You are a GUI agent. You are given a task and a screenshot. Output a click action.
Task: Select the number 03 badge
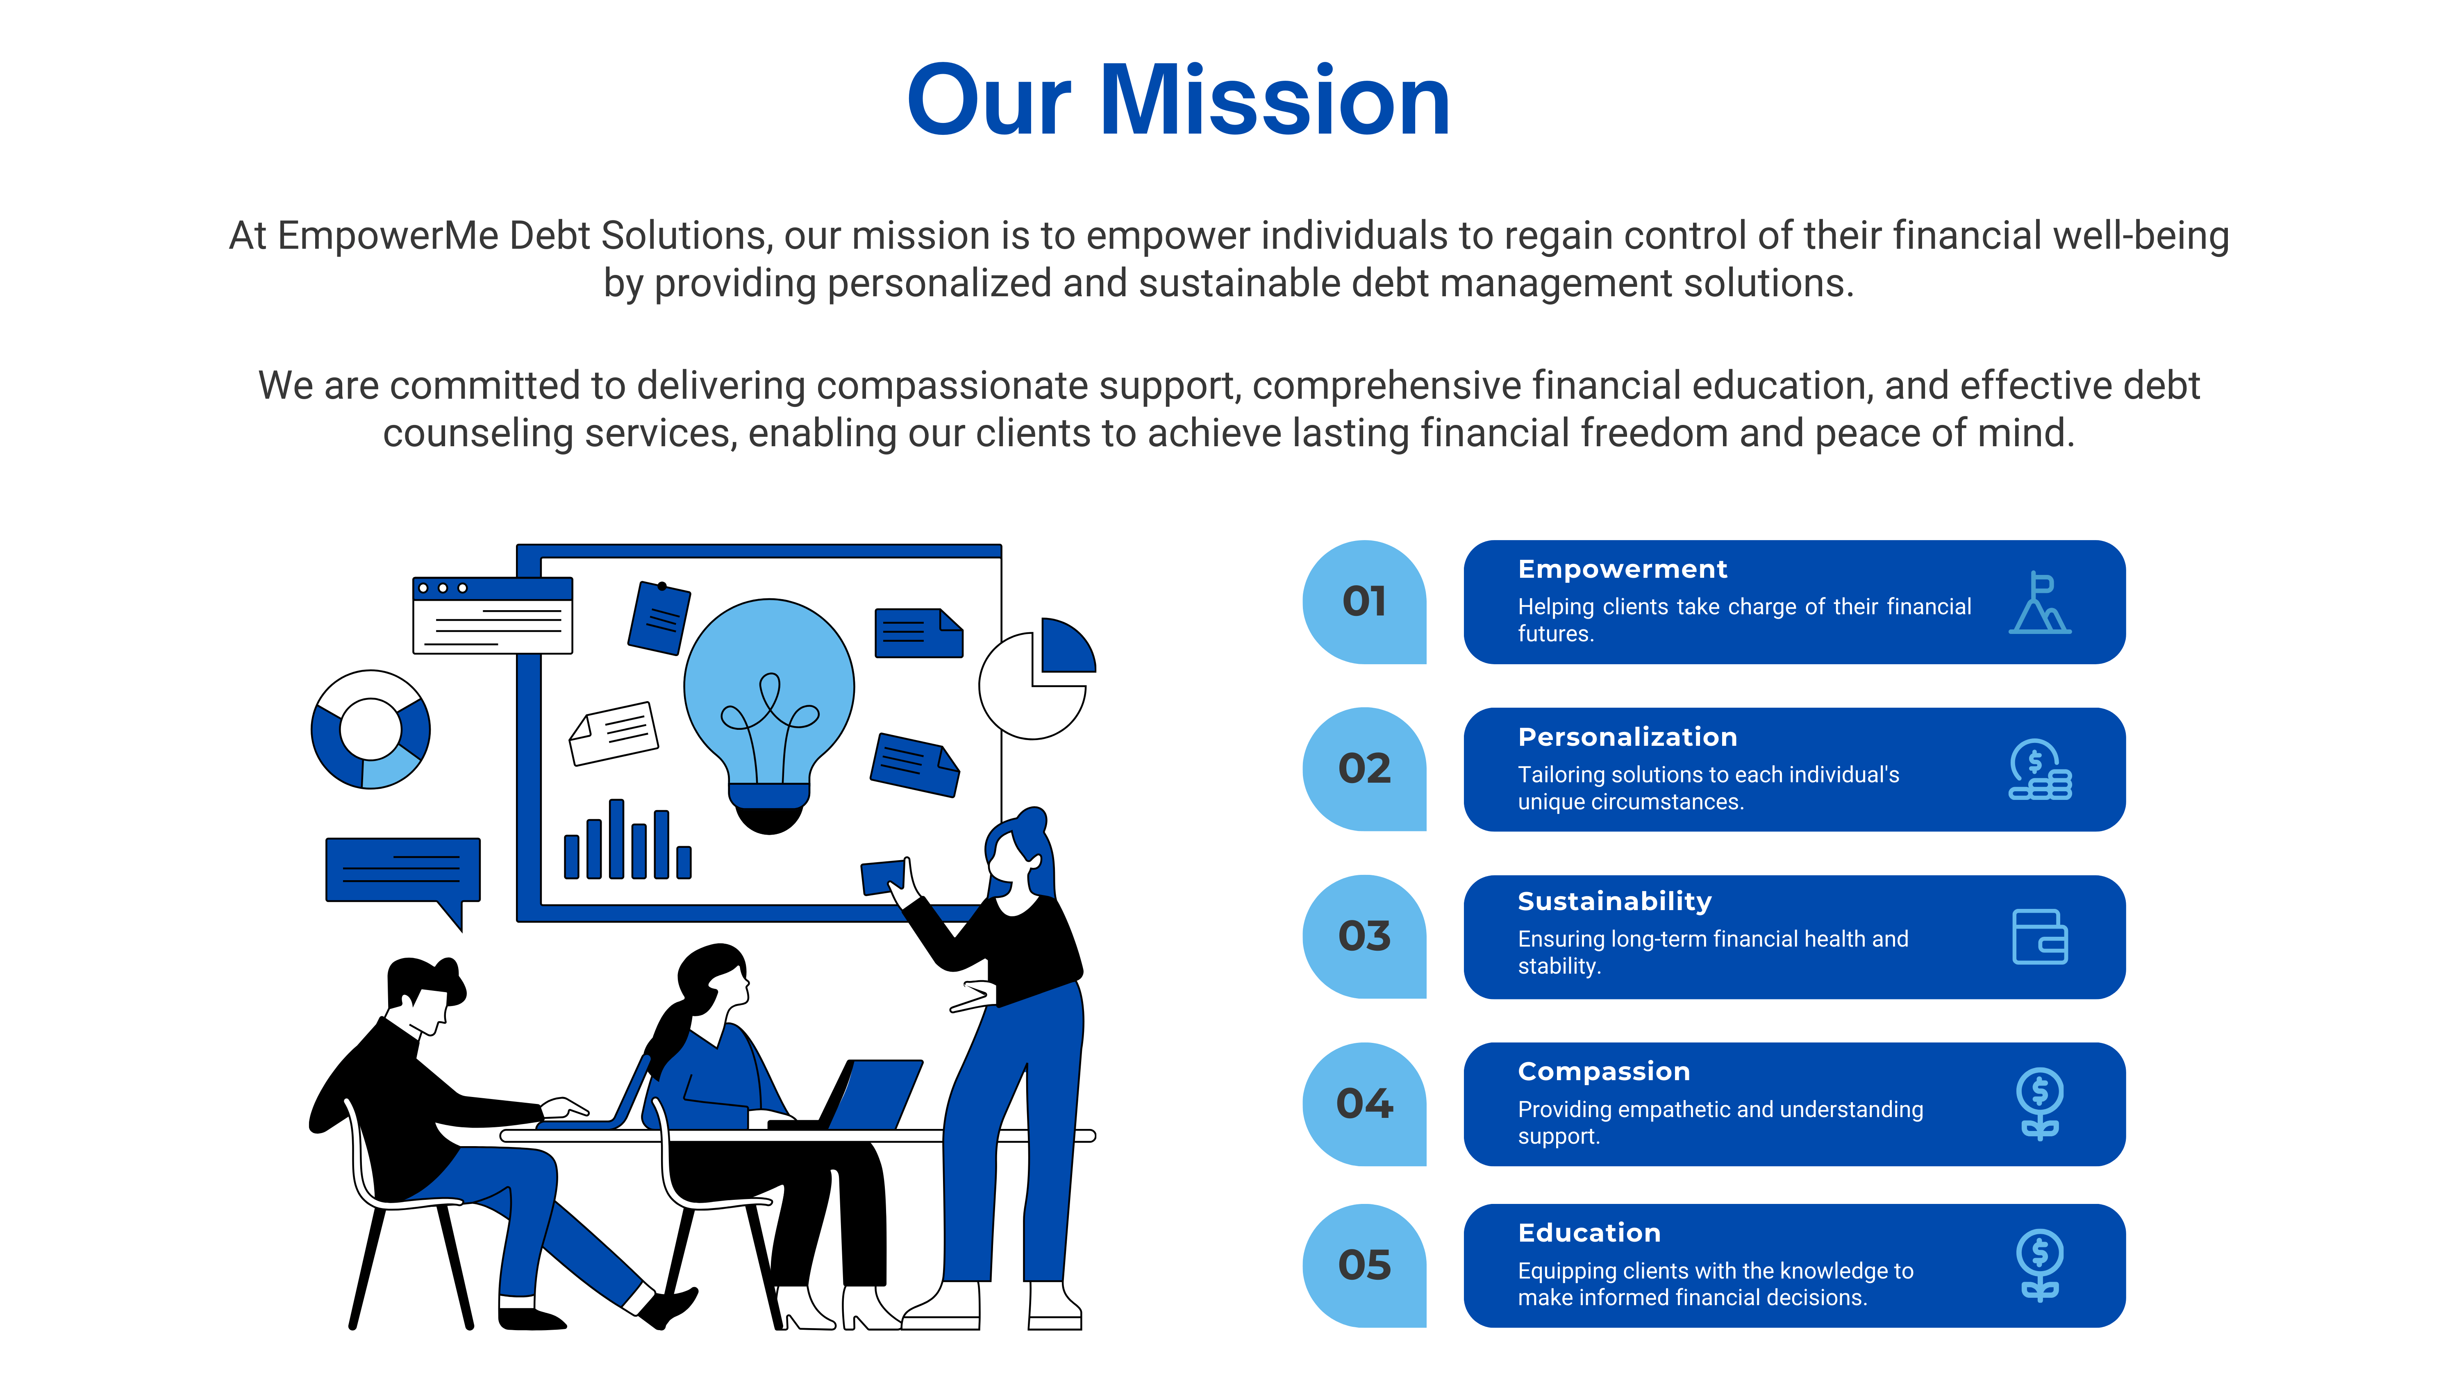(x=1364, y=936)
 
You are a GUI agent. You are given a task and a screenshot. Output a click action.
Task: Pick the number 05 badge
(x=1364, y=1266)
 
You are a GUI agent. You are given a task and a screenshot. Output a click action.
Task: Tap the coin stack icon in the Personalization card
(x=2040, y=769)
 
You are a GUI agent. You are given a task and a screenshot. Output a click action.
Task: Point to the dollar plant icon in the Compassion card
(x=2040, y=1104)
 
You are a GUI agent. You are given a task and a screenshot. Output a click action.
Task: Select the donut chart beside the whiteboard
(x=370, y=729)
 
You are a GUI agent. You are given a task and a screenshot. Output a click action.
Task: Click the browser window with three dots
(x=493, y=615)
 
